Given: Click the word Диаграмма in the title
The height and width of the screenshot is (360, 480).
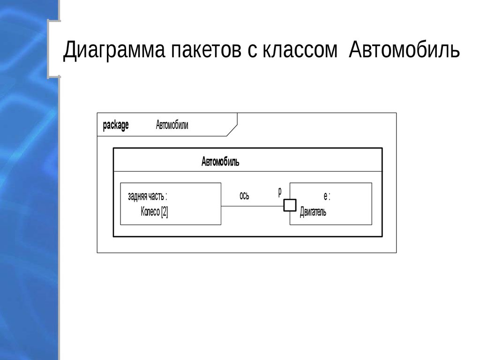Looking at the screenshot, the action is pos(114,50).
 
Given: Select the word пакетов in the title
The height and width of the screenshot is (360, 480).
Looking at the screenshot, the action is pos(206,50).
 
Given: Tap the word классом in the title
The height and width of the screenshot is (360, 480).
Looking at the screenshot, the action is pos(300,50).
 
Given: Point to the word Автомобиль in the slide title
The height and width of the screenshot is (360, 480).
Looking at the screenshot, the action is pos(404,49).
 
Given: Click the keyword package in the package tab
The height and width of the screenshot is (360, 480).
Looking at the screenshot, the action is pos(116,125).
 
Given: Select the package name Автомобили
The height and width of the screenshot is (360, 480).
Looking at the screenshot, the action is pos(172,125).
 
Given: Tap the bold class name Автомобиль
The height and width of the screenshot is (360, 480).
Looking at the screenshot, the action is pos(220,161).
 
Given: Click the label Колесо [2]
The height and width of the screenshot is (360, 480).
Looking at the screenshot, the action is pos(154,211).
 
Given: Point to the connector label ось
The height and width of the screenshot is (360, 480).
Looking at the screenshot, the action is pos(244,195).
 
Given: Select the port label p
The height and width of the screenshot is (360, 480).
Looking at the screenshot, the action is pos(280,192).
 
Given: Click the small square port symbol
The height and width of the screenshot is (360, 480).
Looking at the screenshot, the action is pos(290,205).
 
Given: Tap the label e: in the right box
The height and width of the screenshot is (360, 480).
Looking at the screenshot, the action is pos(327,196).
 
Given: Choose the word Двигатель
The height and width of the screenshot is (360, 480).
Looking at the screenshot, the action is pos(313,211).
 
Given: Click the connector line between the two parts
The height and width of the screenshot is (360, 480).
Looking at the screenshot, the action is pos(252,206).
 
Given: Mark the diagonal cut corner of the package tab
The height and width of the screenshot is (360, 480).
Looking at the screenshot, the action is pos(232,130).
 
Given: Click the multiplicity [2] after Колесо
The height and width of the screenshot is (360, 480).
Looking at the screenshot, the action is pos(165,211).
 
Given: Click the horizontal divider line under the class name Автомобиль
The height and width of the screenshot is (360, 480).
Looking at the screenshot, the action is pos(247,172).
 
